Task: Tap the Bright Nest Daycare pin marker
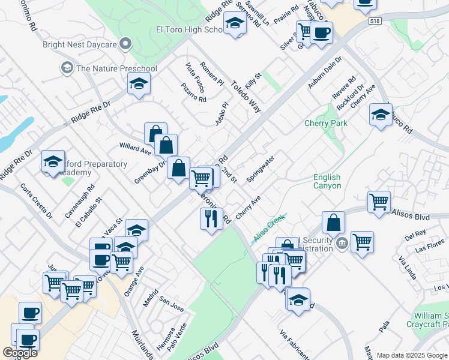pos(125,44)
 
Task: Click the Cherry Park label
pos(327,123)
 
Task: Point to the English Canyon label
pos(327,181)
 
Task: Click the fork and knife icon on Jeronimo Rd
pos(211,218)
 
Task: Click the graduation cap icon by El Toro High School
pos(235,25)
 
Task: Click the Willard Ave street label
pos(135,146)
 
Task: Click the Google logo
pos(20,353)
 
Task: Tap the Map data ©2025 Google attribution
pos(412,355)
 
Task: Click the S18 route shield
pos(376,21)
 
